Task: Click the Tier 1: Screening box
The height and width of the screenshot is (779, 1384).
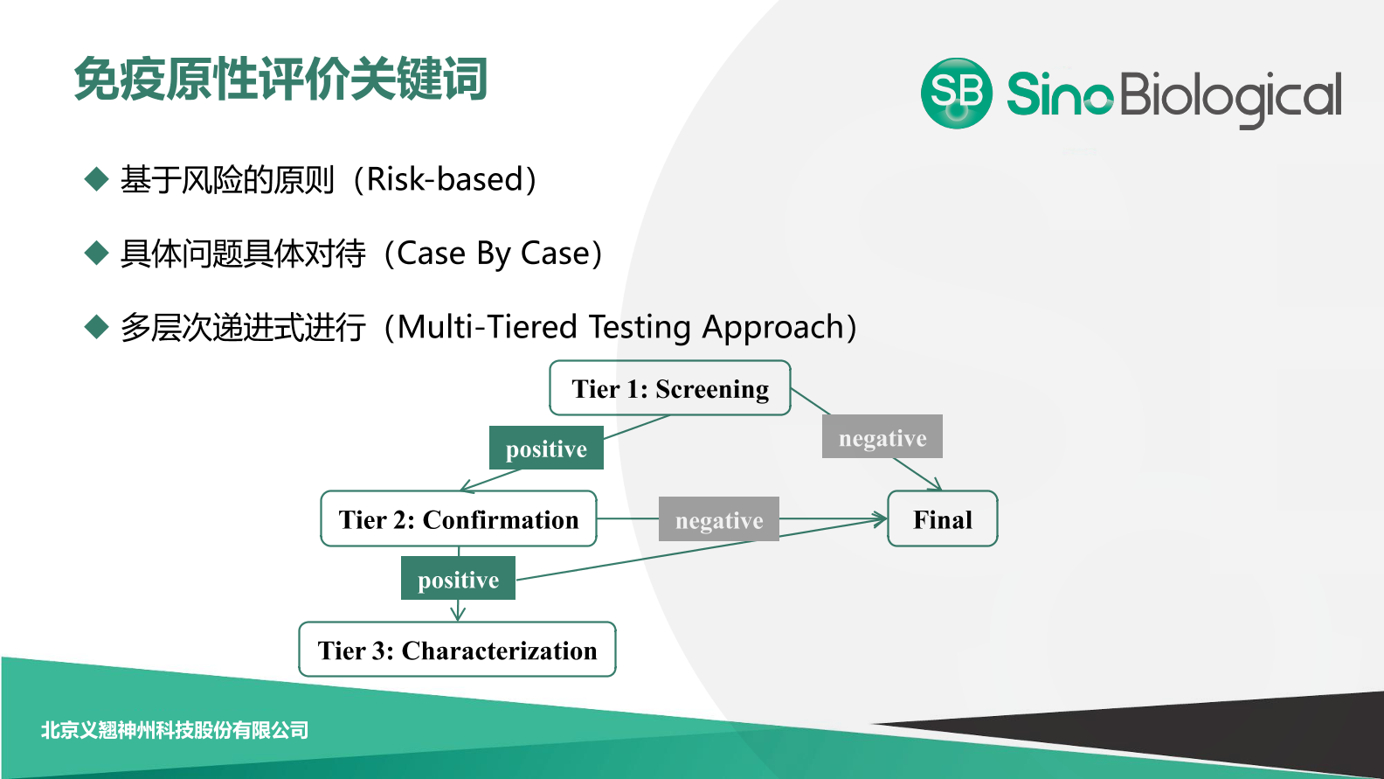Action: (670, 388)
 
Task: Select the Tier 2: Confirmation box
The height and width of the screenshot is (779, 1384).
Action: (459, 518)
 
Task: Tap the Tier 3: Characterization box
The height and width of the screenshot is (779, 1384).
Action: (457, 649)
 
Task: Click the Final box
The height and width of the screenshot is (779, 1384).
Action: (942, 518)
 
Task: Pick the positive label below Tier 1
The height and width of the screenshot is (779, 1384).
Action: (546, 449)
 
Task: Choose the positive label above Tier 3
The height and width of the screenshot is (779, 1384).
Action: (458, 579)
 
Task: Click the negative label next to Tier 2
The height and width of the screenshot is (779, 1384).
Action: (718, 519)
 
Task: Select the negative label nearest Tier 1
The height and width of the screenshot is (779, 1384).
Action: (882, 436)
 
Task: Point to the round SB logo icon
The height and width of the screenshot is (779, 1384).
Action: (957, 94)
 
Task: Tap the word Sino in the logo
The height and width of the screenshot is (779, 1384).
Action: (1060, 94)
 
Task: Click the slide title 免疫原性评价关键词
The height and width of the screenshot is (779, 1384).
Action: (281, 80)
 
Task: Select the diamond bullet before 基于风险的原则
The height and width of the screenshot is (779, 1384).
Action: (96, 179)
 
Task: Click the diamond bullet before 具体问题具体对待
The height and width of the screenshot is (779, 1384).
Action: (96, 253)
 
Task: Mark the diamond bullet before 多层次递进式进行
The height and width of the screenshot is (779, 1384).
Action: (96, 326)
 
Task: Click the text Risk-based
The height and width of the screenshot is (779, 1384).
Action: (445, 179)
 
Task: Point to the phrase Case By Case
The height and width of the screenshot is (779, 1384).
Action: (493, 254)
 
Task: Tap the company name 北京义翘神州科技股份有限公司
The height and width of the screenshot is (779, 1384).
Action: (175, 730)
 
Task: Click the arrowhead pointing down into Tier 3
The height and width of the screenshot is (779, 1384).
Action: (458, 616)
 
